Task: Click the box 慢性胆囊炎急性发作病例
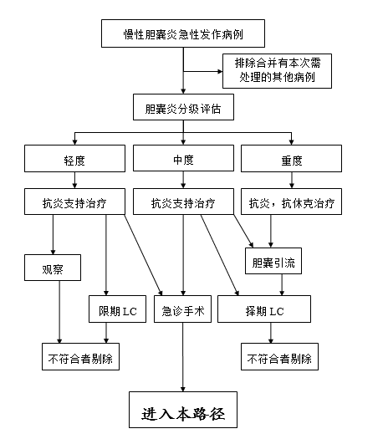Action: click(183, 33)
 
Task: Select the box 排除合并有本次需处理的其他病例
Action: click(277, 71)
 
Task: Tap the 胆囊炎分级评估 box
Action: click(183, 107)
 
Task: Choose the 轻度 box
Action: click(74, 159)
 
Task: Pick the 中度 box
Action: click(183, 158)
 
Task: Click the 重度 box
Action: click(292, 159)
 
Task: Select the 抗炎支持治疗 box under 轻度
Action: click(74, 202)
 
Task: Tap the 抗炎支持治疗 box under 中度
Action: click(183, 202)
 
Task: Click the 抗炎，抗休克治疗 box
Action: click(292, 202)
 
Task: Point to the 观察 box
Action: click(53, 268)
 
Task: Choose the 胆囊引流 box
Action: click(273, 261)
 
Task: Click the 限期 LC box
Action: click(118, 309)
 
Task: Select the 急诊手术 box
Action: click(183, 309)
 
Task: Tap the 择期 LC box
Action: click(264, 309)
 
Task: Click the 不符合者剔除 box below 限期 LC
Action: click(80, 357)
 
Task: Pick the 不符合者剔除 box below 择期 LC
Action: click(279, 357)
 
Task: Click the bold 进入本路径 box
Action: click(183, 410)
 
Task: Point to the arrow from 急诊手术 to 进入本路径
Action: click(183, 357)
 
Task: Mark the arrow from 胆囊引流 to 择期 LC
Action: click(282, 285)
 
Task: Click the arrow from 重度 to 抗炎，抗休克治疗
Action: click(292, 180)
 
